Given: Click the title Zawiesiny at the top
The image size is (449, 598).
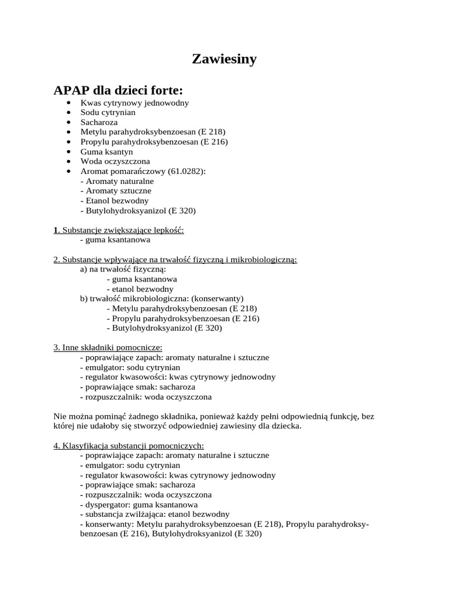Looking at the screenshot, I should [x=224, y=59].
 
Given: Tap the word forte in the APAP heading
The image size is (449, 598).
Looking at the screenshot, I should [x=165, y=91].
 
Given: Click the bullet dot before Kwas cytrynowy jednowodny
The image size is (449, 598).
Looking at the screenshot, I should [x=69, y=103].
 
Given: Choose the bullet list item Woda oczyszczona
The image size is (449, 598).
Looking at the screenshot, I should [x=115, y=161].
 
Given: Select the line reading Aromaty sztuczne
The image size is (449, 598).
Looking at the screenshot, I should [x=115, y=191].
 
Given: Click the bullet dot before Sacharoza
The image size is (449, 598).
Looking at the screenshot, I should [x=69, y=123].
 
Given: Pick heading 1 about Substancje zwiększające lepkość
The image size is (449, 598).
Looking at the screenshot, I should [x=119, y=230].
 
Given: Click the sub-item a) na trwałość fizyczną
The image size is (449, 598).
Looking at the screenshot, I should [x=123, y=269].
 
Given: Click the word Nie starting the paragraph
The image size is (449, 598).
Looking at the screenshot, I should [x=60, y=416].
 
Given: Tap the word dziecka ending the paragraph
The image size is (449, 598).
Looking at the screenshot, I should [x=287, y=426].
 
